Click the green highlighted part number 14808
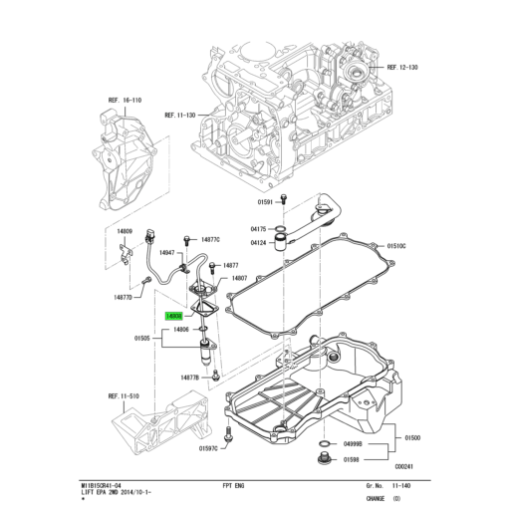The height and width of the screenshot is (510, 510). [173, 314]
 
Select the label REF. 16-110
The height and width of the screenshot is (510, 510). [125, 101]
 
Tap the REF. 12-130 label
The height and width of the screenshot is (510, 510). [398, 66]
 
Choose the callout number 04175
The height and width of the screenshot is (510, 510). [261, 230]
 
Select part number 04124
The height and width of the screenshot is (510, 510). [261, 242]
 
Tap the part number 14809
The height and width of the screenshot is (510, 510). [125, 230]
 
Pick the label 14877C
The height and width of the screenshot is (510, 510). [211, 239]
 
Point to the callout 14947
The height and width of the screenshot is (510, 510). [165, 253]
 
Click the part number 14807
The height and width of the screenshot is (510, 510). [240, 278]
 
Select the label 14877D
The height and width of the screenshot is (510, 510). [123, 297]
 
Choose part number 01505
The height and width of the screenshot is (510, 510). [142, 338]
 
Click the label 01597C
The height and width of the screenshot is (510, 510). [208, 448]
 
